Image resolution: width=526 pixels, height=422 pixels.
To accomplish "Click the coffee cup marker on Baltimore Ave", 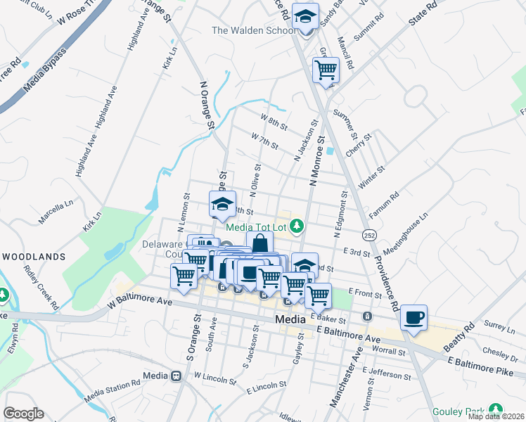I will [413, 317].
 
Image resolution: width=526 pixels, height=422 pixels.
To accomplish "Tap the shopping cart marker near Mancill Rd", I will [326, 70].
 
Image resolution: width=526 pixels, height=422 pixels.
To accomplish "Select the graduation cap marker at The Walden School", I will [305, 17].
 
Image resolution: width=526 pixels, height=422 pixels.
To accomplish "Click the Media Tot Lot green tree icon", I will [297, 225].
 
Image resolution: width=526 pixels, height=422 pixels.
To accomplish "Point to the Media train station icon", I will [175, 376].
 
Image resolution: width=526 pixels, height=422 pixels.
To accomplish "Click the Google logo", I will [23, 414].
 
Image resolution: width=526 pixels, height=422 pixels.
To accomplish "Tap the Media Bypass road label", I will [44, 71].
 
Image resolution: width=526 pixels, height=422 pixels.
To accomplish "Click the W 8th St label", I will [274, 122].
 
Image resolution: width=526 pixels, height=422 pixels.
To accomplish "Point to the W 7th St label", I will [264, 140].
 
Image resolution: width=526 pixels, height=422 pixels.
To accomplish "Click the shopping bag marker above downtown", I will [259, 243].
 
